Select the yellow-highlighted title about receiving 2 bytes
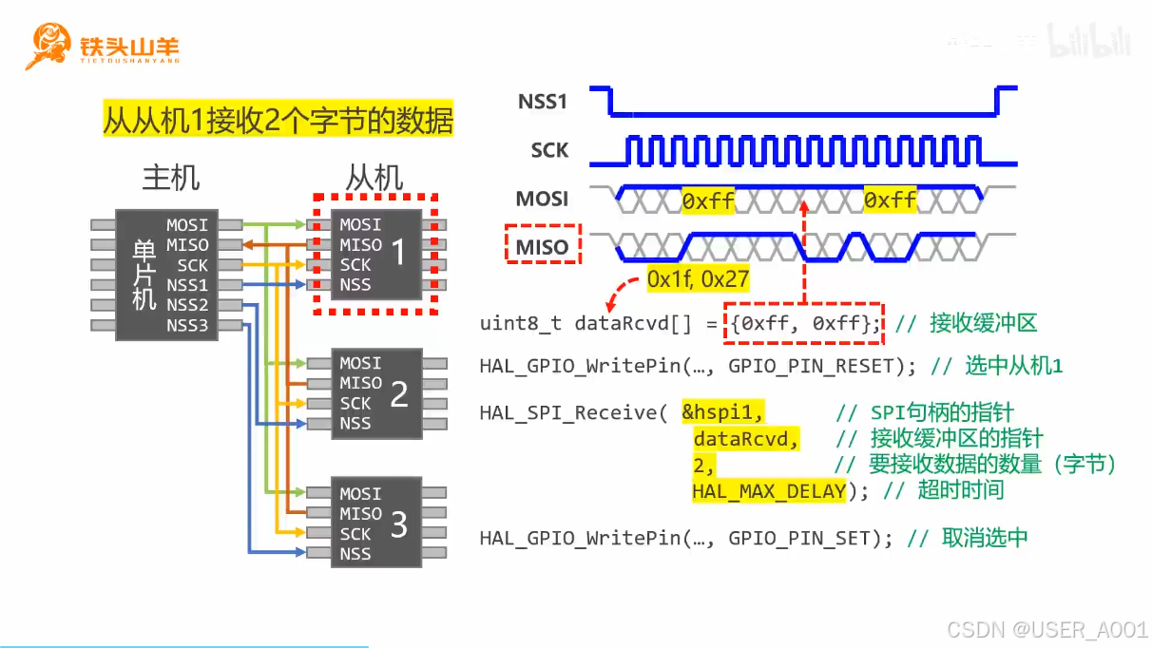pyautogui.click(x=278, y=121)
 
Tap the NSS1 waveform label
pyautogui.click(x=543, y=102)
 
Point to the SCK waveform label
pyautogui.click(x=549, y=150)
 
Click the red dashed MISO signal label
pyautogui.click(x=542, y=248)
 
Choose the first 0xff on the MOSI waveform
pyautogui.click(x=708, y=200)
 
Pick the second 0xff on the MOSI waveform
pyautogui.click(x=891, y=200)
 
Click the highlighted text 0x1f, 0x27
pyautogui.click(x=698, y=280)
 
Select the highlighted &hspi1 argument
pyautogui.click(x=723, y=412)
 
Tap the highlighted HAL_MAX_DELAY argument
pyautogui.click(x=768, y=490)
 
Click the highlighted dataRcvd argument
pyautogui.click(x=746, y=438)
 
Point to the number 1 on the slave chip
pyautogui.click(x=398, y=253)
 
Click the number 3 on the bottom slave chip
pyautogui.click(x=399, y=524)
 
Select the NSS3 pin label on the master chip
pyautogui.click(x=187, y=326)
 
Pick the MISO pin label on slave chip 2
pyautogui.click(x=361, y=383)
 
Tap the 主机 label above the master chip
pyautogui.click(x=171, y=178)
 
